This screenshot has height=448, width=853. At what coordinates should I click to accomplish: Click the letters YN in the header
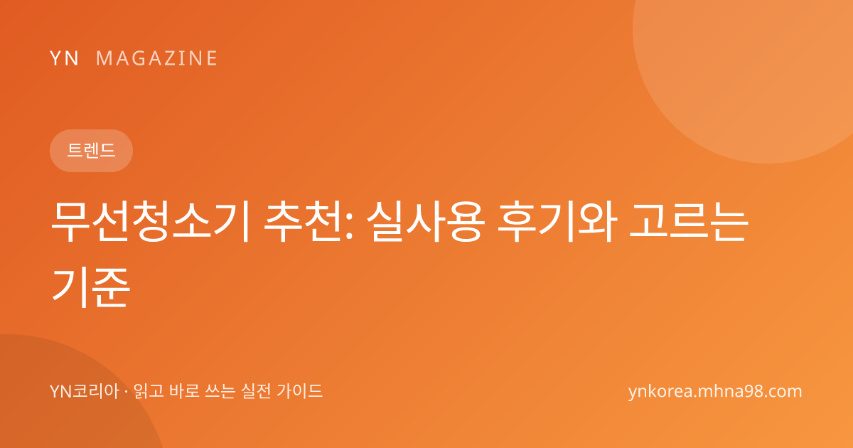pyautogui.click(x=64, y=58)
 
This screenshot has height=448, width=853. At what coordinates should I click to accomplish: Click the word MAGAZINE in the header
pyautogui.click(x=156, y=58)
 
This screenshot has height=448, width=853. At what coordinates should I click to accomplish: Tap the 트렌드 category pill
pyautogui.click(x=92, y=151)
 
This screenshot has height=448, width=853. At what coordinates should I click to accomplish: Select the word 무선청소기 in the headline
pyautogui.click(x=150, y=222)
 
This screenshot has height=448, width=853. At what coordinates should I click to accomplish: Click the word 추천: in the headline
pyautogui.click(x=309, y=222)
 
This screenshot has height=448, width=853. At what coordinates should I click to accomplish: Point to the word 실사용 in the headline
pyautogui.click(x=425, y=222)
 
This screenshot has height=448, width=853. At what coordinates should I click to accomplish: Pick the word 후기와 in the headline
pyautogui.click(x=557, y=222)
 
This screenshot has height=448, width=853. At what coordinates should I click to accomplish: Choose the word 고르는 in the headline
pyautogui.click(x=689, y=222)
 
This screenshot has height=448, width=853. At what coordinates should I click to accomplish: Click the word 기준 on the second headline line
pyautogui.click(x=91, y=287)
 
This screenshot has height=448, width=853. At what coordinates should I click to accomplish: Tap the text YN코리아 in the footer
pyautogui.click(x=85, y=391)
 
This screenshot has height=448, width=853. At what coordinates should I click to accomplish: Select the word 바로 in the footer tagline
pyautogui.click(x=184, y=391)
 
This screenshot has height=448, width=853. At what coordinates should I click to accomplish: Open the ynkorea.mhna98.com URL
pyautogui.click(x=715, y=392)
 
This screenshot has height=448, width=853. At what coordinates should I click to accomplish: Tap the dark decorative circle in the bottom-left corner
pyautogui.click(x=57, y=400)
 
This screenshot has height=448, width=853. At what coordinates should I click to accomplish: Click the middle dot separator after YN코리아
pyautogui.click(x=127, y=392)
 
